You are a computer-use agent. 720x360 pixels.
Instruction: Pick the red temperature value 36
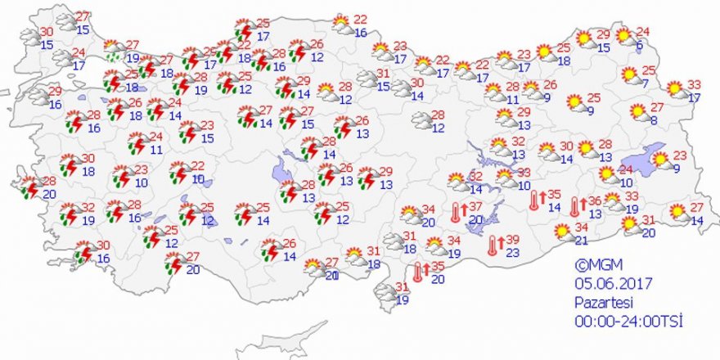pos(596,200)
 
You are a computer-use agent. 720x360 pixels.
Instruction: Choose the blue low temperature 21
pos(581,240)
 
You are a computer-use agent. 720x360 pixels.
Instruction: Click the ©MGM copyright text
pos(592,265)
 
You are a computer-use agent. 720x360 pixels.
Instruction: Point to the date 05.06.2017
pos(606,283)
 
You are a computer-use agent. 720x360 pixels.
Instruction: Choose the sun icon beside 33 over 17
pos(675,89)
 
